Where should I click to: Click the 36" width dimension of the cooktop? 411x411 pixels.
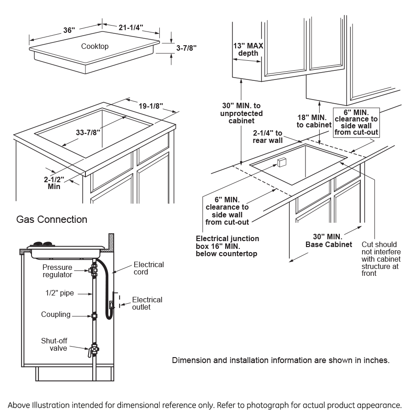click(68, 30)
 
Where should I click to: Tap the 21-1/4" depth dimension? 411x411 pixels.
click(131, 28)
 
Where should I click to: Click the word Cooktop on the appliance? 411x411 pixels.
click(95, 46)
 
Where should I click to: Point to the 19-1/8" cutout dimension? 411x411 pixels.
click(151, 106)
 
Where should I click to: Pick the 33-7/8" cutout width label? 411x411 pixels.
click(88, 132)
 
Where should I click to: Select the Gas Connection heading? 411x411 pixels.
click(52, 220)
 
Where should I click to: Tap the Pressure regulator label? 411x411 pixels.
click(57, 271)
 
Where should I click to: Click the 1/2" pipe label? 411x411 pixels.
click(60, 293)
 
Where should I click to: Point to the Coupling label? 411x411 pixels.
click(56, 314)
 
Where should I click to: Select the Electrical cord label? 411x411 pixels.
click(148, 269)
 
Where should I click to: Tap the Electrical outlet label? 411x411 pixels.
click(147, 303)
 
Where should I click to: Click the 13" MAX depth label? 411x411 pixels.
click(248, 49)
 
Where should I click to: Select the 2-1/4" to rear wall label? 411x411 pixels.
click(268, 137)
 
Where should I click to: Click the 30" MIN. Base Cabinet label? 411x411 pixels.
click(328, 240)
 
